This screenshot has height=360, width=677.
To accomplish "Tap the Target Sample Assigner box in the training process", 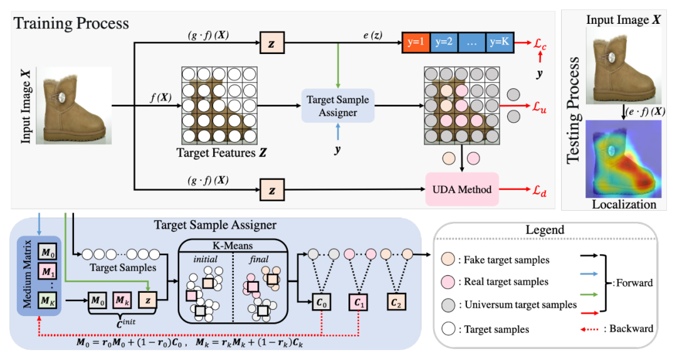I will (338, 105).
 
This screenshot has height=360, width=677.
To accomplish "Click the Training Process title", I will (71, 24).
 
